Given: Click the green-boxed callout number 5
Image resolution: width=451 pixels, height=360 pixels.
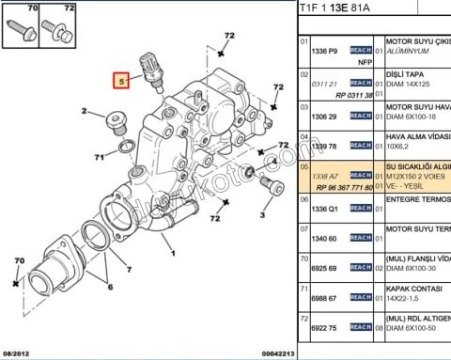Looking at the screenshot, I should click(x=120, y=81).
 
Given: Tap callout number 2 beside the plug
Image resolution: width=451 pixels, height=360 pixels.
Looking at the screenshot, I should click(x=84, y=112).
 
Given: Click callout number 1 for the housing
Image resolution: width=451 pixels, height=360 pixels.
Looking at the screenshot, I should click(x=171, y=252).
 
